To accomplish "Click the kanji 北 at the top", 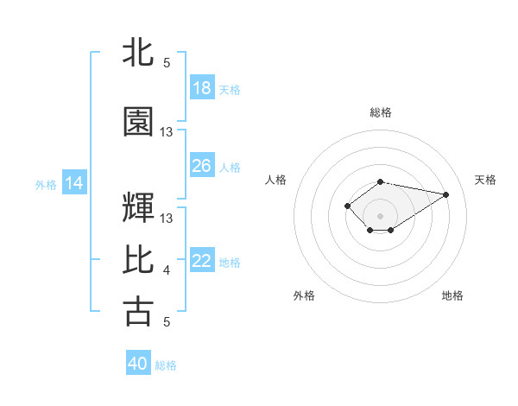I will pos(138,51).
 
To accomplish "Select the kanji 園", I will pos(138,122).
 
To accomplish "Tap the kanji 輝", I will pos(138,207).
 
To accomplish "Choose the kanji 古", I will pos(138,311).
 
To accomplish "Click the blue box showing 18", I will pos(201,88).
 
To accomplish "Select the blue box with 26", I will pos(201,166).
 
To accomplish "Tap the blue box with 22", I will pos(201,261).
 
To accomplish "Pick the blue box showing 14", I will pos(73,183).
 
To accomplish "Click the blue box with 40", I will pos(137,364).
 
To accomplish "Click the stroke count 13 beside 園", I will pos(167,132).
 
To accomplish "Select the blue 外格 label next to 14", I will pos(46,184).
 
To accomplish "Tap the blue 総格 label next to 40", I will pos(166,365).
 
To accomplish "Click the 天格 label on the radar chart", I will pos(486,180).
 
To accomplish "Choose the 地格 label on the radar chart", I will pos(452,295).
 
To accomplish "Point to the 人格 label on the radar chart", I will pos(275,180).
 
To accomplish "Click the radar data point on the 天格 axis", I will pos(446,193).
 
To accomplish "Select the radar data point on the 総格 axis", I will pos(381,181).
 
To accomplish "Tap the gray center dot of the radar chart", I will pos(381,214).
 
